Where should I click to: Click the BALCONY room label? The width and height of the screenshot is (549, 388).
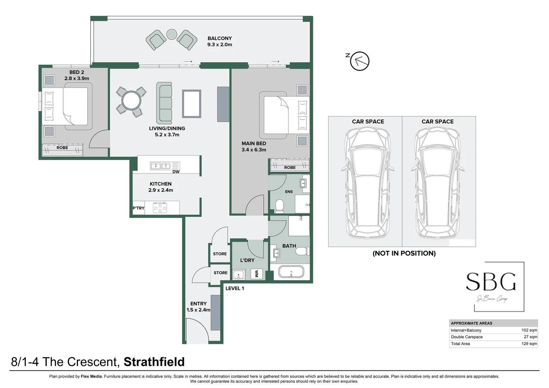point(220,41)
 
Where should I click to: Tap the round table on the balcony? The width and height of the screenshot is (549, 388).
point(172,34)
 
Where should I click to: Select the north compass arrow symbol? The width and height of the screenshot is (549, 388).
point(360,61)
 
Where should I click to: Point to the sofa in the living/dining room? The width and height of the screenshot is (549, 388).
point(164,103)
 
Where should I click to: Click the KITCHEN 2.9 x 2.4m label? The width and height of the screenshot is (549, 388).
point(161,187)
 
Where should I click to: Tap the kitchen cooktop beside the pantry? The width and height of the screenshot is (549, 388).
point(160,208)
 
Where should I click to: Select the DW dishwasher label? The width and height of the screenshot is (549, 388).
point(176,172)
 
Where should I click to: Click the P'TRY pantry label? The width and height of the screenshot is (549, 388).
point(138,208)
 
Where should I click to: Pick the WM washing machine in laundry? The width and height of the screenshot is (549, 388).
point(257,274)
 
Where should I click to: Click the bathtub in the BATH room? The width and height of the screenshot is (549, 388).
point(291,272)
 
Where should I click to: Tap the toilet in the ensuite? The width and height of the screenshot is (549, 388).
point(279,206)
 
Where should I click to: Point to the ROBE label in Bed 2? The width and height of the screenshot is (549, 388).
point(62,148)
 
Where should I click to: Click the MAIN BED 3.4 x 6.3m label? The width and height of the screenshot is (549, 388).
point(254,147)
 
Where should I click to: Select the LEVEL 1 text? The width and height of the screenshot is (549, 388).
point(235,288)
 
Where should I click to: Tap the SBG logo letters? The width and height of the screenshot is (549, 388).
point(491,282)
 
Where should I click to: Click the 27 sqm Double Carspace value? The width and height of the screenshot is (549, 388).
point(530,337)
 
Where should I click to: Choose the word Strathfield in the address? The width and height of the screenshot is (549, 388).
point(154,362)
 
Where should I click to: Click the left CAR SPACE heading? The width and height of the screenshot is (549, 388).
point(368,121)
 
